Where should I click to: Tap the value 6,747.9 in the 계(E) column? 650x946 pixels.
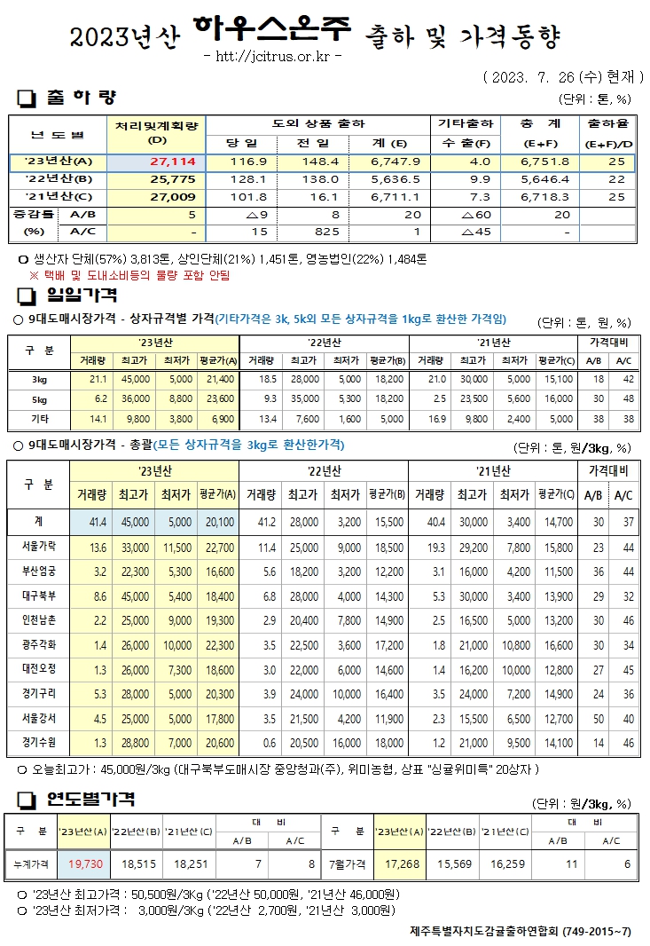click(381, 162)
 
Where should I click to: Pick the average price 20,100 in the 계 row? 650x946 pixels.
click(215, 522)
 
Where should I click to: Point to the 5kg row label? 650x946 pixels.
click(39, 398)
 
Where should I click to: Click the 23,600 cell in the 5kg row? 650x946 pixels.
click(218, 398)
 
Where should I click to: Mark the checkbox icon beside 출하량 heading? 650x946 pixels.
click(26, 97)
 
